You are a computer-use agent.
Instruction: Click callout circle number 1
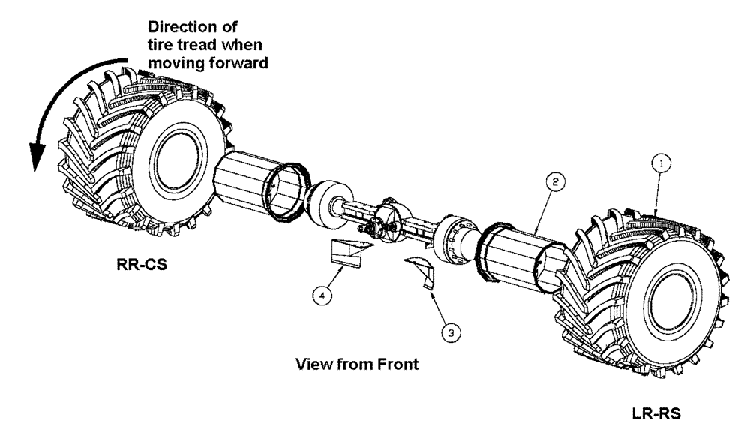click(660, 162)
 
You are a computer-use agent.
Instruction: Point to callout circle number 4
click(322, 296)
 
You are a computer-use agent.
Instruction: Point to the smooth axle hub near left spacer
click(325, 200)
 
